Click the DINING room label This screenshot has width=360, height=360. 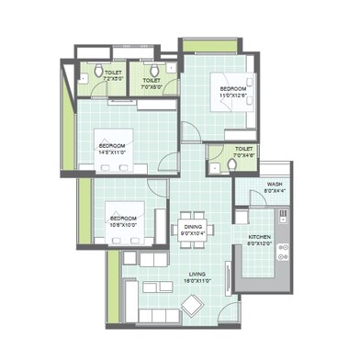click(x=192, y=226)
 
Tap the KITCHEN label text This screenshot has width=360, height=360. click(x=260, y=237)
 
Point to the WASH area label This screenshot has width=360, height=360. click(x=275, y=184)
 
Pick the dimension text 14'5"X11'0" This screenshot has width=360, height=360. click(x=112, y=152)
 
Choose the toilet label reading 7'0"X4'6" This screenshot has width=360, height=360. click(x=244, y=156)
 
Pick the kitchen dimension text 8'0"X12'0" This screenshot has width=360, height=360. click(x=260, y=244)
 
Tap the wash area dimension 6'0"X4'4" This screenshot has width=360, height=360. click(x=275, y=191)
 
